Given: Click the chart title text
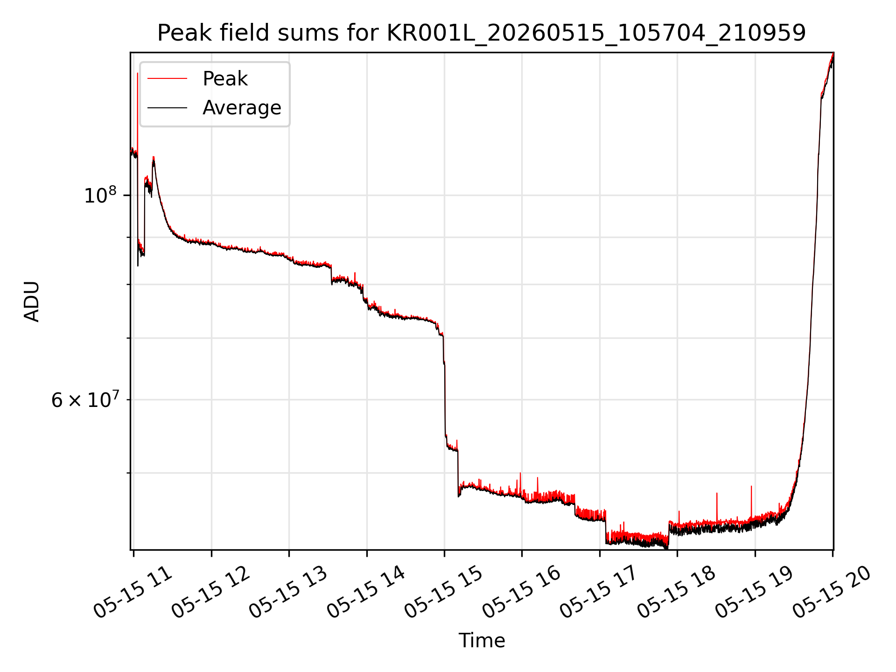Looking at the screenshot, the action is coord(482,33).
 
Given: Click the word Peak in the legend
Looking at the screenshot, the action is coord(225,79).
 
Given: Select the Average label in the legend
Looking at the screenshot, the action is coord(242,108).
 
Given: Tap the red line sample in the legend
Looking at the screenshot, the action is coord(167,79).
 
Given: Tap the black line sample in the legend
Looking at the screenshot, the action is coord(167,108).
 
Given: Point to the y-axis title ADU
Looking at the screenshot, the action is coord(32,301).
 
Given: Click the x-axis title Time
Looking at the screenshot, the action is coord(482,641).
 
